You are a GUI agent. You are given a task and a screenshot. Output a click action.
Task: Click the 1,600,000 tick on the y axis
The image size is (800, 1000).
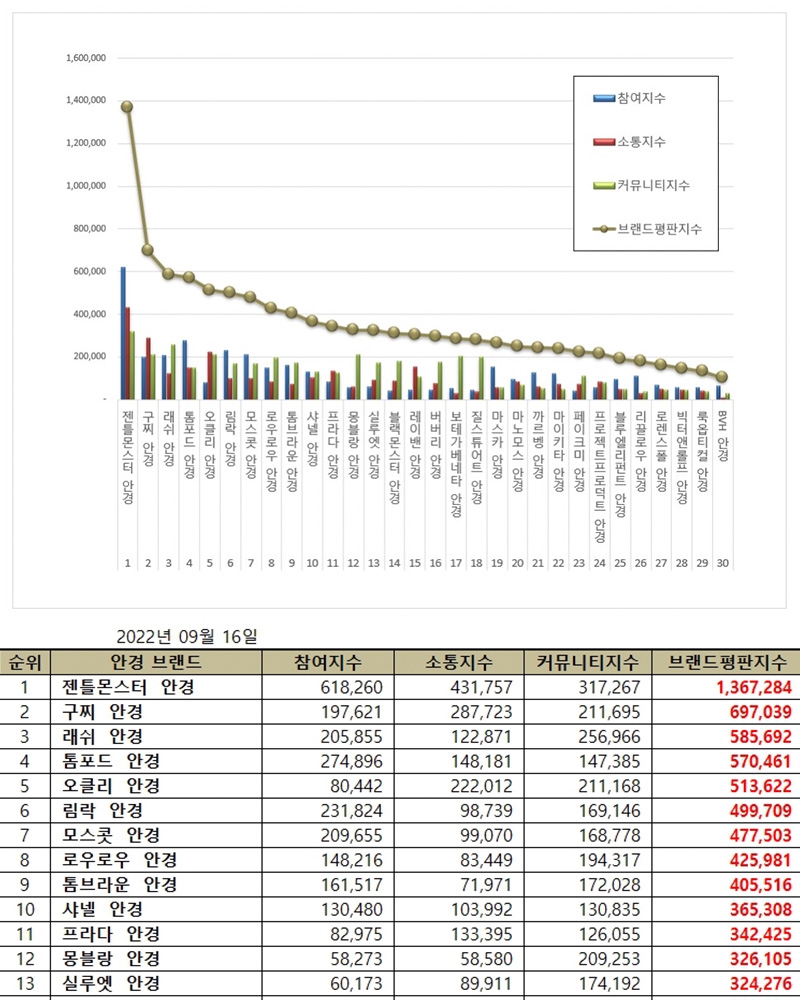click(x=85, y=58)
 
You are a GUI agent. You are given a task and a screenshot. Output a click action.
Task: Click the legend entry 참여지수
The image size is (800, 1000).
click(x=641, y=98)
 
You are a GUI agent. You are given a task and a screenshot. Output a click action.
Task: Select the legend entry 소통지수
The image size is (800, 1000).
click(x=641, y=142)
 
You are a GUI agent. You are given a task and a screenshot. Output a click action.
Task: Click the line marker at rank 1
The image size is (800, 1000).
click(x=127, y=107)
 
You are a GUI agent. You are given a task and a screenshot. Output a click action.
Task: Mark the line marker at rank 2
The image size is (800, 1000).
click(x=148, y=250)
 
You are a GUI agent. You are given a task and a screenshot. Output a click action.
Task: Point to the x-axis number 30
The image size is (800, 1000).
click(x=722, y=563)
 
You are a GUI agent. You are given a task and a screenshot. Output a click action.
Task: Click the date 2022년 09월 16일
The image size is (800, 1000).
click(x=188, y=636)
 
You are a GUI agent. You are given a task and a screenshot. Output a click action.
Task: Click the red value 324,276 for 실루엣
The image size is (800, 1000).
click(x=755, y=983)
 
